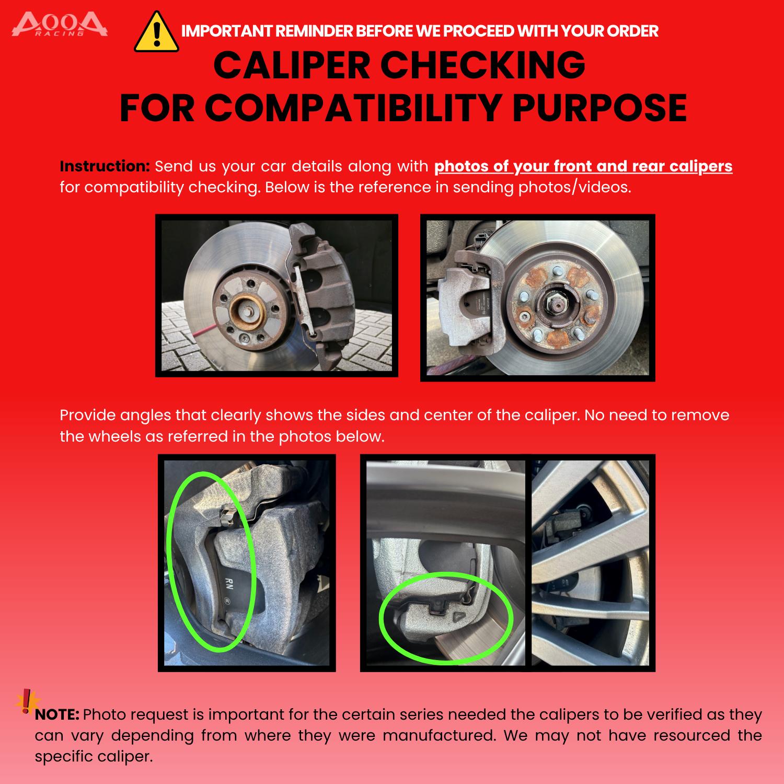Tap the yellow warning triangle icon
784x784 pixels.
coord(156,32)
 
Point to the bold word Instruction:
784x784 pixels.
coord(105,166)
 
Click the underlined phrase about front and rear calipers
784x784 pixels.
coord(583,166)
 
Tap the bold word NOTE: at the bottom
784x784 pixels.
coord(57,714)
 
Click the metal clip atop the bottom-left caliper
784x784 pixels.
coord(227,517)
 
